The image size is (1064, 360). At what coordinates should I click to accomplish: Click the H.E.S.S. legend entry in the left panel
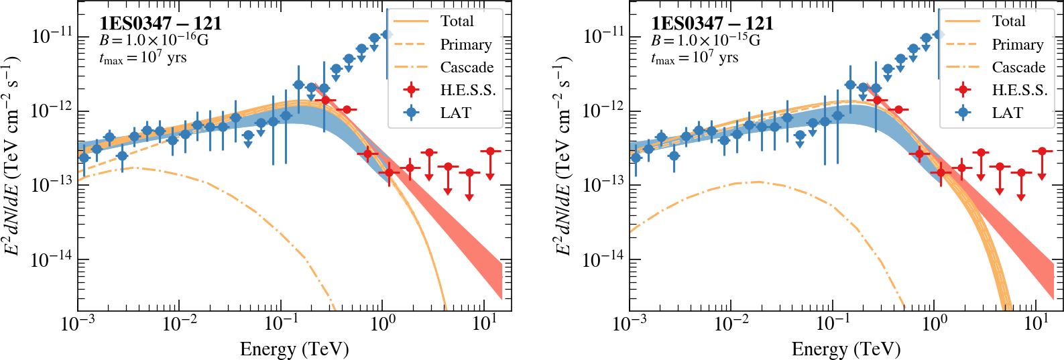pyautogui.click(x=467, y=90)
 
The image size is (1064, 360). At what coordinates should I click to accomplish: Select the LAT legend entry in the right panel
pyautogui.click(x=1007, y=113)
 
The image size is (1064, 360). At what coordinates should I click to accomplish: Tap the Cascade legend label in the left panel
pyautogui.click(x=467, y=67)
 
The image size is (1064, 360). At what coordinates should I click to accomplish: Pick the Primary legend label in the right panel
pyautogui.click(x=1018, y=45)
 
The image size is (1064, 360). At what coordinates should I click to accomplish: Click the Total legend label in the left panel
pyautogui.click(x=457, y=21)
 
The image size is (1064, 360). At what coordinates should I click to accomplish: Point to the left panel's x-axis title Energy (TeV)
pyautogui.click(x=294, y=349)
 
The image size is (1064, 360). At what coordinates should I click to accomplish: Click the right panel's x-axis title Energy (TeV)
pyautogui.click(x=846, y=349)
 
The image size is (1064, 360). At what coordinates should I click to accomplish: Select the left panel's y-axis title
pyautogui.click(x=12, y=156)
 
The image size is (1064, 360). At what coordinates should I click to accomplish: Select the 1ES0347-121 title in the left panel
pyautogui.click(x=160, y=23)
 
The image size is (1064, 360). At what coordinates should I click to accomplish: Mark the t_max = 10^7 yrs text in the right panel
pyautogui.click(x=694, y=58)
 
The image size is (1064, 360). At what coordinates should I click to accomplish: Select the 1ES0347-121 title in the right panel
pyautogui.click(x=712, y=23)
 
